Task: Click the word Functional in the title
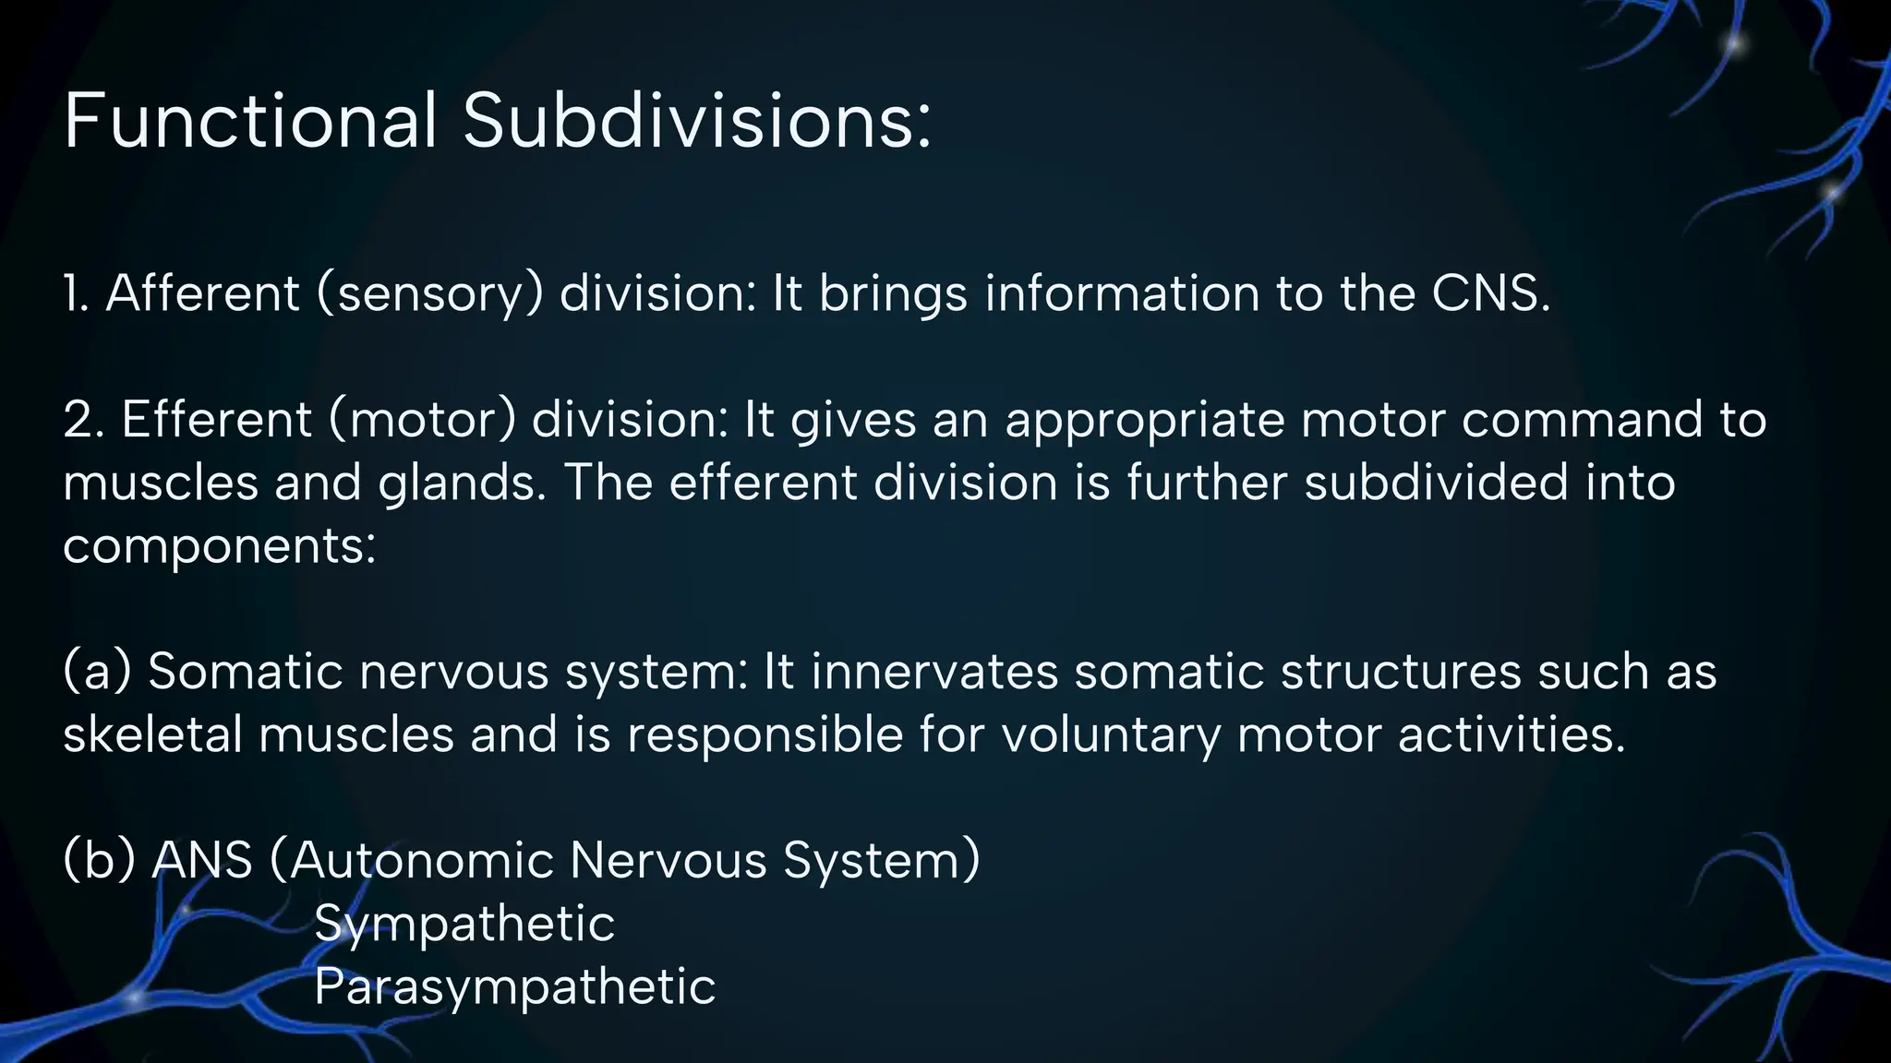click(249, 122)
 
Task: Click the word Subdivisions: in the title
click(697, 122)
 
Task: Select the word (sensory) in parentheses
click(430, 295)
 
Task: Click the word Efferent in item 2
click(217, 420)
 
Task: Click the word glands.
click(462, 484)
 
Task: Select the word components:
click(220, 547)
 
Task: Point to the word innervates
click(934, 672)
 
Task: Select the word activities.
click(1511, 735)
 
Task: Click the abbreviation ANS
click(202, 860)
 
